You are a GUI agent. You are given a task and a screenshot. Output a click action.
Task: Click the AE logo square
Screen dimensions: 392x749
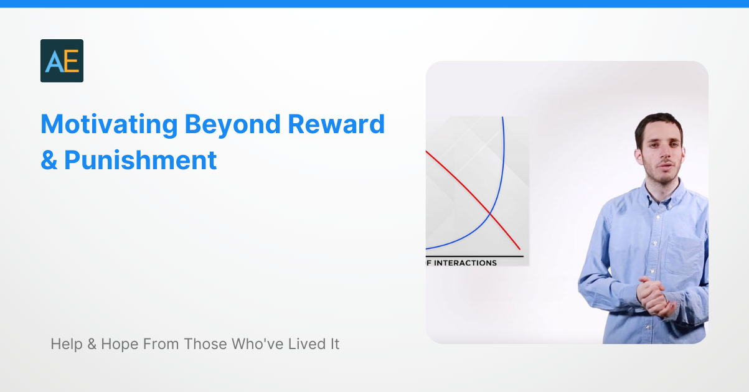[62, 61]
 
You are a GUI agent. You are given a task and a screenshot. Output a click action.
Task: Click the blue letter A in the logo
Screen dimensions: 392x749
[54, 62]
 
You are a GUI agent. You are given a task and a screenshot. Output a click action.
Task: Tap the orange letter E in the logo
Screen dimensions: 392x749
[71, 62]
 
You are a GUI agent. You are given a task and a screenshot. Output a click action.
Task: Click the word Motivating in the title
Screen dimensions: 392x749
[109, 125]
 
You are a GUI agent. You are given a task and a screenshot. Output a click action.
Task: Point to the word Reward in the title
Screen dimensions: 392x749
[336, 125]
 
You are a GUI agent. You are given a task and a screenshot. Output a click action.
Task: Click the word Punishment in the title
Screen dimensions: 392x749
[141, 161]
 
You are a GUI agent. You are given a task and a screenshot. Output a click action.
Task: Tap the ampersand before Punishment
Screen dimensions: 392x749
[49, 161]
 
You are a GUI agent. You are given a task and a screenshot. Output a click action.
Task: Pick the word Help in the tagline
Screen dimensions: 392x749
[67, 343]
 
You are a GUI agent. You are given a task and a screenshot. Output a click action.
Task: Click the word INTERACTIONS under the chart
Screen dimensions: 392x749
[465, 263]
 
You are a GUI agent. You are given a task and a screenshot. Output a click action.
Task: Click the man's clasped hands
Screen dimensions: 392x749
[654, 295]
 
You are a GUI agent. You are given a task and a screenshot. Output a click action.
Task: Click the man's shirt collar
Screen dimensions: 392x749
[661, 194]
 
